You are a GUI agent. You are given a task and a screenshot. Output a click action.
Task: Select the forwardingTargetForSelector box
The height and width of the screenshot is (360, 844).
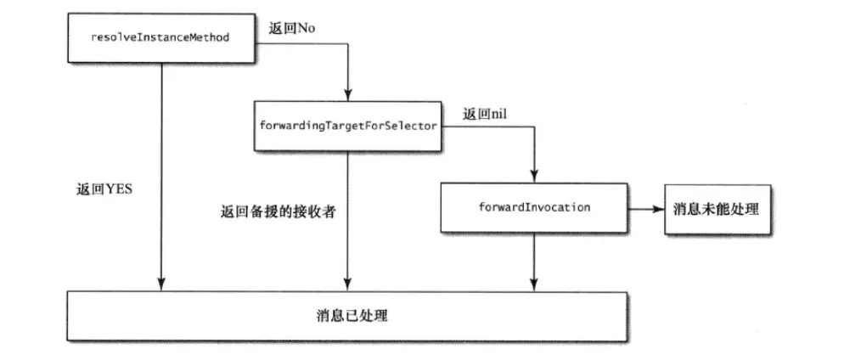346,126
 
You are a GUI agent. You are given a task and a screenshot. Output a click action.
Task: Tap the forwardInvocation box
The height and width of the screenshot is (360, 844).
534,207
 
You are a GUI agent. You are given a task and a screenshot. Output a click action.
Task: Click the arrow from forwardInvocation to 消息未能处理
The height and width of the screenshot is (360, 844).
646,208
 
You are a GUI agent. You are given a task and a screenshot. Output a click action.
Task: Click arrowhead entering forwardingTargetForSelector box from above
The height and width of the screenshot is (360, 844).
346,93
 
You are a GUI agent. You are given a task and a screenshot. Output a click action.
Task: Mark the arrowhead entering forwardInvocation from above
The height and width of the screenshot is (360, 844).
534,175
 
